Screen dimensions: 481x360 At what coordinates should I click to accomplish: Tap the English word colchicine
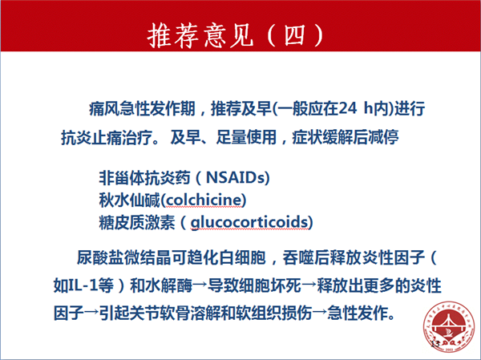point(204,200)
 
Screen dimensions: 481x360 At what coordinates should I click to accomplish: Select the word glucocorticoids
point(249,222)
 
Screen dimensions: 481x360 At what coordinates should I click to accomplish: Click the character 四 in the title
point(294,34)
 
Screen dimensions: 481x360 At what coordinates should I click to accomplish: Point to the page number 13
point(435,344)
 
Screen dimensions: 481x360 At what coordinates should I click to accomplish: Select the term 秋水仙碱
point(129,200)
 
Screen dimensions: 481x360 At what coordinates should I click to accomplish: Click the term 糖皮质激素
point(137,223)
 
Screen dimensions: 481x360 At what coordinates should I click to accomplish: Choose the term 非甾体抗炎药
point(144,177)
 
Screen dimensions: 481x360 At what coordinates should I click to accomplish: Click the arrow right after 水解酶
point(200,285)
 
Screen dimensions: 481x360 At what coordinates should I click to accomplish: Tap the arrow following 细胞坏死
point(309,285)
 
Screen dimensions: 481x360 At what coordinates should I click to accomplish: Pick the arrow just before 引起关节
point(91,313)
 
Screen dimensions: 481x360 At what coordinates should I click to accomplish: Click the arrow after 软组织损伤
point(320,313)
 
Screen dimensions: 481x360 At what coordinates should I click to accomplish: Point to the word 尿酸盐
point(100,257)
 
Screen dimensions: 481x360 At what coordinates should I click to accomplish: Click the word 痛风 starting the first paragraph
point(104,108)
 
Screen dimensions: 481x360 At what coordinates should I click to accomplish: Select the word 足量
point(232,137)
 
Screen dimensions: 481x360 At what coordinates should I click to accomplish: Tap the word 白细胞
point(242,257)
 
